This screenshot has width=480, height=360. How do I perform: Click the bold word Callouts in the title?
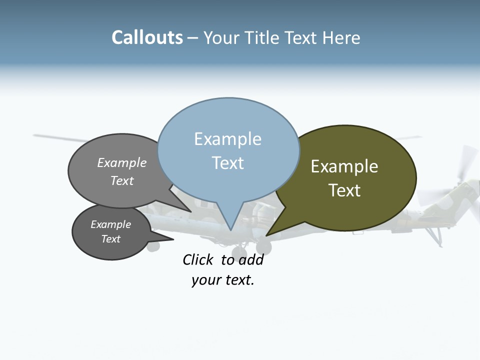pos(147,38)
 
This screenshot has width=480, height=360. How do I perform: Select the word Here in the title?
pos(341,38)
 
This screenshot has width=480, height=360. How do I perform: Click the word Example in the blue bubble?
pos(227,139)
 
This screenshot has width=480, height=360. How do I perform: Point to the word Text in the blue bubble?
pos(227,163)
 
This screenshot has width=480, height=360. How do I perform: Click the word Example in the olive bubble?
pos(344,166)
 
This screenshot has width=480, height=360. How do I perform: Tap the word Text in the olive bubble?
pos(344,190)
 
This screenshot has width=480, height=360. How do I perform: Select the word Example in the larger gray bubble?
pos(122,163)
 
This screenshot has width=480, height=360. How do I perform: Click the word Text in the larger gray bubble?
pos(122,180)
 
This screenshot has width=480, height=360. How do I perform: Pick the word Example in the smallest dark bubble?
pos(110,224)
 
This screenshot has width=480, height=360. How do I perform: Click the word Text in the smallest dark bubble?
pos(110,239)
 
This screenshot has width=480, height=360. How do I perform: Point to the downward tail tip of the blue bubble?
pos(230,230)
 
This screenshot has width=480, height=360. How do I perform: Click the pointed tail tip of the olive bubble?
pos(266,235)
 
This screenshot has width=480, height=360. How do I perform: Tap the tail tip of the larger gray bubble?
pos(191,211)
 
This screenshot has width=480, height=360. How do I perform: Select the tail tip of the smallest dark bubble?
pos(173,239)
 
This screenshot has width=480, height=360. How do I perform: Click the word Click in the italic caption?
pos(197,260)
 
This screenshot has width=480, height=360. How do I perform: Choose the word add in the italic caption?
pos(251,260)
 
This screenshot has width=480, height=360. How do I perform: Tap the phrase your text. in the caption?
pos(223,280)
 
